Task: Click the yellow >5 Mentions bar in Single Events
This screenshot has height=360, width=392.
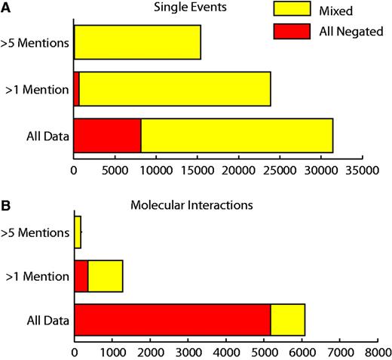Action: point(137,42)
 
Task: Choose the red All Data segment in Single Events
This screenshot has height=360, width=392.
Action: point(107,136)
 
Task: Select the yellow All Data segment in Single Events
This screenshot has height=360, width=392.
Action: point(237,136)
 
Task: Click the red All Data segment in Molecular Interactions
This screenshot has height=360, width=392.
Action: point(172,320)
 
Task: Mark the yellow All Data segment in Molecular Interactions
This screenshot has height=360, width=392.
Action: point(288,320)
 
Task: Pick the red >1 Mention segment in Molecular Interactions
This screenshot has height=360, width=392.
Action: point(81,276)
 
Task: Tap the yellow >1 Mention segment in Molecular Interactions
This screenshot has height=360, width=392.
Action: point(105,276)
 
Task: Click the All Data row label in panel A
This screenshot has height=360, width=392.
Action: point(47,137)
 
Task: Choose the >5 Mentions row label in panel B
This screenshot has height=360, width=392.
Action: point(36,233)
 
